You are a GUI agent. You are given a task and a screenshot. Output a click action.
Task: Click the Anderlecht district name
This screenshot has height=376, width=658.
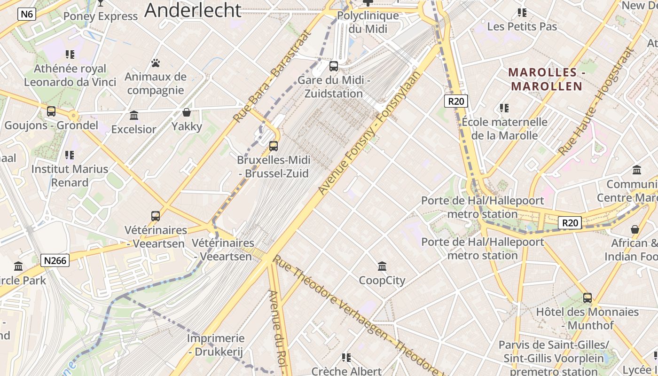coord(193,10)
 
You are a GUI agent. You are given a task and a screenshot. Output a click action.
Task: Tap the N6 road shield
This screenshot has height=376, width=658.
coord(27,14)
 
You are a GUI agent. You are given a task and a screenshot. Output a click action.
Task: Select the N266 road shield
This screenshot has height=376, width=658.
coord(55,260)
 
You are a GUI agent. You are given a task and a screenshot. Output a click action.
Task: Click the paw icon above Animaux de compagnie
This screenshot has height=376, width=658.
coord(156,63)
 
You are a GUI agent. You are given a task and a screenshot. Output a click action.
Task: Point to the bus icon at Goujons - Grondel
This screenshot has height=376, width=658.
coord(51,111)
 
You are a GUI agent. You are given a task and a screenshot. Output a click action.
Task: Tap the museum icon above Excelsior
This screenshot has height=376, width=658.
coord(134,115)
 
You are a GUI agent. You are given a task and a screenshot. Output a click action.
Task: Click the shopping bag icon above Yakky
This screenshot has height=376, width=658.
coord(187,112)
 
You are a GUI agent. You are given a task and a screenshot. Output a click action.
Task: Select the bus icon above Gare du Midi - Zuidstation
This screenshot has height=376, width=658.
coord(334,66)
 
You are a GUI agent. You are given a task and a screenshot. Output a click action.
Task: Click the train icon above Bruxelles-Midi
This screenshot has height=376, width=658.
coord(273,146)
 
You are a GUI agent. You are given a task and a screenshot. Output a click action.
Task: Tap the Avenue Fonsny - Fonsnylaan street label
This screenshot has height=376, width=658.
coord(369,133)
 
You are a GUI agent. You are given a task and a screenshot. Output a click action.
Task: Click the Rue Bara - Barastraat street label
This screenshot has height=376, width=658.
coord(273,77)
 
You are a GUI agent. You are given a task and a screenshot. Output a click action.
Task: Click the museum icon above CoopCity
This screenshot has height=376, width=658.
coord(382,266)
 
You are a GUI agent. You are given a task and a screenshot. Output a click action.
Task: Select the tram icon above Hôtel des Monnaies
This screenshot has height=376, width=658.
coord(587,298)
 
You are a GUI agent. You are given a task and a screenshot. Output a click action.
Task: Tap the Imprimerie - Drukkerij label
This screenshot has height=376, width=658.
coord(216,345)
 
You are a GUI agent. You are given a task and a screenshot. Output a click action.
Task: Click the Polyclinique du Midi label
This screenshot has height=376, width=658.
coord(368,22)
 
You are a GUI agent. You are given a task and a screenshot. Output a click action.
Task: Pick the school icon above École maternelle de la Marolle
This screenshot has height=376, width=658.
coord(504,108)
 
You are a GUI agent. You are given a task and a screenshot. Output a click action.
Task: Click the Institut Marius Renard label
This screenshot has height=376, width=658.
coord(70,176)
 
